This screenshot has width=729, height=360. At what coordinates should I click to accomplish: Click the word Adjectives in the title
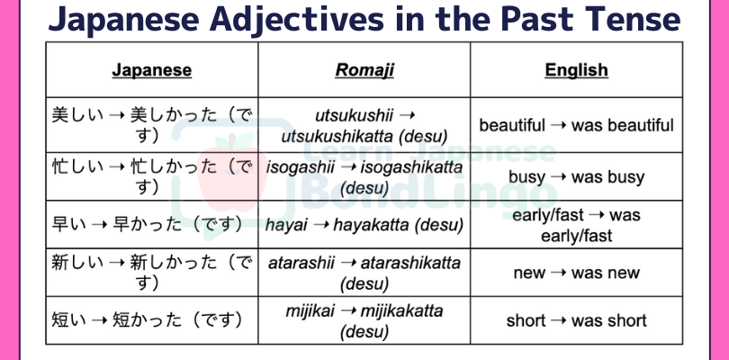298,19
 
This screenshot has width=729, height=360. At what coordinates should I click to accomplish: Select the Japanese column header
151,70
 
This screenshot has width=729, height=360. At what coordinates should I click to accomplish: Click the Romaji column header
364,70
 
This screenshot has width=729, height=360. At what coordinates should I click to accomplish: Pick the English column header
577,70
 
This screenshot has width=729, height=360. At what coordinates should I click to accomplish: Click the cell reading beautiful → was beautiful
577,125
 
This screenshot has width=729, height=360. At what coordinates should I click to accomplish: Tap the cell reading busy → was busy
577,176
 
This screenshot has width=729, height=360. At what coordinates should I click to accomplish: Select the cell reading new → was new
577,273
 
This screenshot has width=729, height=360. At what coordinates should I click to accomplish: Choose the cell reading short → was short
577,320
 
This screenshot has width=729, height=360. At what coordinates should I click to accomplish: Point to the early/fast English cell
577,225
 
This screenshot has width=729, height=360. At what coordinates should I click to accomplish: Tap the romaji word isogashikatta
412,167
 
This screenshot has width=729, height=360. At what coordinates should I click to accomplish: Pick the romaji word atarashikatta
410,263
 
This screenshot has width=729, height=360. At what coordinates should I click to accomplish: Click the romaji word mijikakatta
401,310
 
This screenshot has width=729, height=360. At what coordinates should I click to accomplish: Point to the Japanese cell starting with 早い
148,225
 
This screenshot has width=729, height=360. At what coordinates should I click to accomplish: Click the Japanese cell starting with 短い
148,320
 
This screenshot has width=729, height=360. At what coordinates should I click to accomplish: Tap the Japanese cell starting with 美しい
152,125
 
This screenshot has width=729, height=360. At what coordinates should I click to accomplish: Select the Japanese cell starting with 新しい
152,273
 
